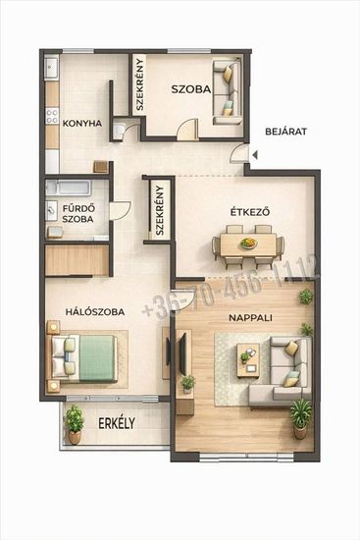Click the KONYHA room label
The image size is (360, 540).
(x=82, y=124)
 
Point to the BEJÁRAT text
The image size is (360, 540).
(x=286, y=132)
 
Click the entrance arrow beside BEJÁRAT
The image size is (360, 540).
(x=255, y=155)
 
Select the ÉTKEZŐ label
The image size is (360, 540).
(x=250, y=212)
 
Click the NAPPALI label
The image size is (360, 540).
(x=250, y=317)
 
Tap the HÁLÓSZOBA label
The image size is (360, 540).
(x=95, y=312)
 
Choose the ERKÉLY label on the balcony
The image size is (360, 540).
(x=117, y=423)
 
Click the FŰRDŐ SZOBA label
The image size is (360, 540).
(x=77, y=213)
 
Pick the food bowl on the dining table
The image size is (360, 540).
(x=248, y=243)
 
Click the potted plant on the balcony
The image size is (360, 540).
(x=75, y=424)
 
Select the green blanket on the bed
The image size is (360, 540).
(x=97, y=358)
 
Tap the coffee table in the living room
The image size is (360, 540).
(x=248, y=360)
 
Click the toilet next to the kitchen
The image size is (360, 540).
(x=119, y=131)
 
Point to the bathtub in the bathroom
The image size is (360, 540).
(x=69, y=188)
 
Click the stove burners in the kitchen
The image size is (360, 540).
(x=52, y=116)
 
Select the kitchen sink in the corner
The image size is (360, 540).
(x=52, y=67)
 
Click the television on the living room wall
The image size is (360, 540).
(x=182, y=352)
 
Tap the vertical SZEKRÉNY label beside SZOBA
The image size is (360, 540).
(x=139, y=84)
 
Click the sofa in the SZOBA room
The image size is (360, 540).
(x=227, y=92)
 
